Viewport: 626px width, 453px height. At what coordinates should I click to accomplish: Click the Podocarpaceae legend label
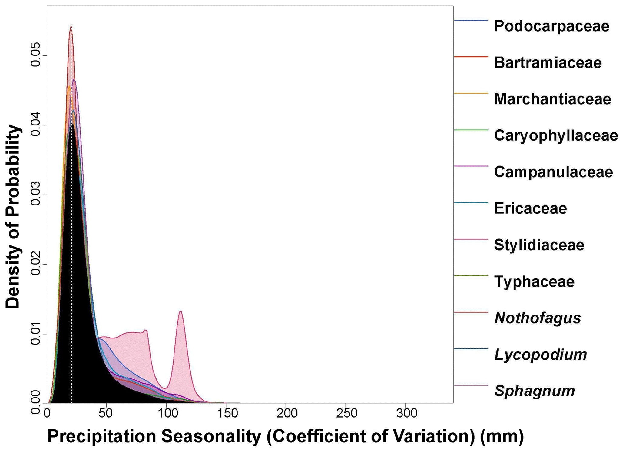tap(551, 26)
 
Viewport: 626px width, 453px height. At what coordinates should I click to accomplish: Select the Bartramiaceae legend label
tap(548, 63)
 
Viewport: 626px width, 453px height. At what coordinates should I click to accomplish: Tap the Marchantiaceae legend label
tap(552, 99)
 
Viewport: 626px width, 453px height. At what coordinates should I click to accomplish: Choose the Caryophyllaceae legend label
tap(556, 136)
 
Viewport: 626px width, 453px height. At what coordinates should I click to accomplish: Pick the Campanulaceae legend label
tap(553, 172)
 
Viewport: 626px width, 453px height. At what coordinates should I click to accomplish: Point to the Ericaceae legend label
tap(530, 208)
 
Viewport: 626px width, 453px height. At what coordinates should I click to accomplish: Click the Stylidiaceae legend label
tap(539, 245)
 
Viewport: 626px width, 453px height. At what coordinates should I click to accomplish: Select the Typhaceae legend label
tap(534, 282)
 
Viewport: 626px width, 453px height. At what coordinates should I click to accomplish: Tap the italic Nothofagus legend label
tap(538, 318)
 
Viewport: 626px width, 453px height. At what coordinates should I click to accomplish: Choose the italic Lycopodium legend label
tap(541, 355)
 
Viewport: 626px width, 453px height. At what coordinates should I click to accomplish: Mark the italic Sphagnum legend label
tap(535, 391)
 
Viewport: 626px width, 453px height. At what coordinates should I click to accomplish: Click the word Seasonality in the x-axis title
tap(211, 437)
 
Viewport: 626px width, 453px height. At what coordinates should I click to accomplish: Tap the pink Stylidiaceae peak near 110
tap(181, 311)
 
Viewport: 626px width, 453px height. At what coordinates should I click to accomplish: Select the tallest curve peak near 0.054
tap(71, 26)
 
